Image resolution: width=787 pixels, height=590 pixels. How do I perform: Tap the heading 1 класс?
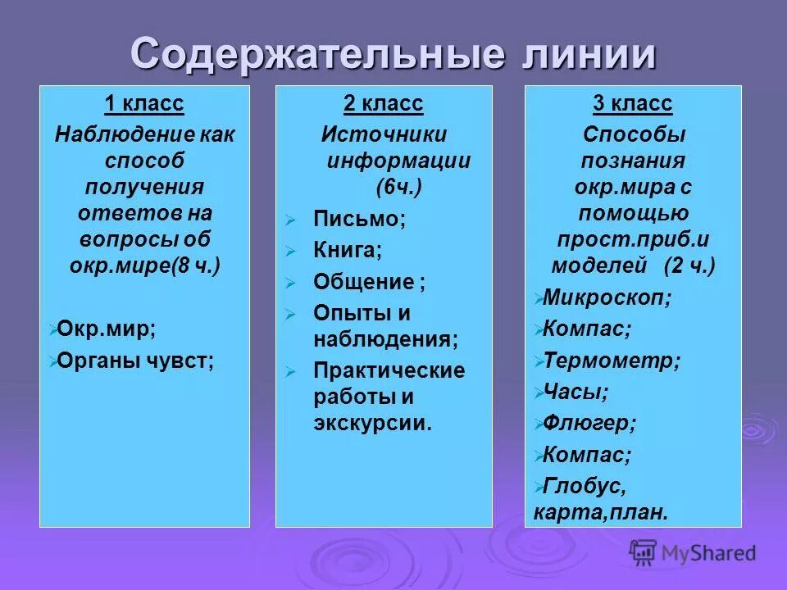pyautogui.click(x=144, y=104)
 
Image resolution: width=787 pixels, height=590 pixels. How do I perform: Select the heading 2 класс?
pyautogui.click(x=383, y=104)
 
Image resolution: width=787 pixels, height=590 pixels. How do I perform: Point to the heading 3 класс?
pyautogui.click(x=632, y=104)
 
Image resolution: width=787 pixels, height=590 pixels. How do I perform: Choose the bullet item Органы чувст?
pyautogui.click(x=136, y=361)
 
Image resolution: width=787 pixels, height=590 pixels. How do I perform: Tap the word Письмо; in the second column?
pyautogui.click(x=359, y=219)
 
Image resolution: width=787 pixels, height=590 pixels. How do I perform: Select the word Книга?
pyautogui.click(x=348, y=250)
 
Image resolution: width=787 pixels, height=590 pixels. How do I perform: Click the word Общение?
pyautogui.click(x=363, y=282)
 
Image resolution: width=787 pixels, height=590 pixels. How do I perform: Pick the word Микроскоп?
pyautogui.click(x=607, y=297)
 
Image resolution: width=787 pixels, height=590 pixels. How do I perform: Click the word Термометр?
pyautogui.click(x=612, y=360)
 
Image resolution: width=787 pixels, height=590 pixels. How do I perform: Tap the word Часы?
pyautogui.click(x=575, y=391)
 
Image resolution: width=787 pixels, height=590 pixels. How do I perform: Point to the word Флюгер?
pyautogui.click(x=589, y=423)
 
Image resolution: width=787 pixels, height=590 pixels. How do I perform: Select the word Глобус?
pyautogui.click(x=584, y=486)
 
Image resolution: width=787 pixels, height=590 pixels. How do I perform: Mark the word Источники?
pyautogui.click(x=384, y=134)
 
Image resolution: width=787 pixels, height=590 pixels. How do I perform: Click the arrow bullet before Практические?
pyautogui.click(x=289, y=372)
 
